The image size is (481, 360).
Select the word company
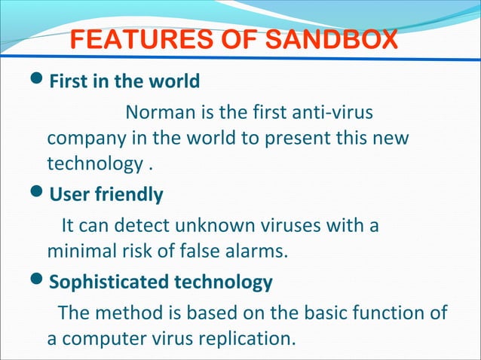(x=81, y=139)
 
